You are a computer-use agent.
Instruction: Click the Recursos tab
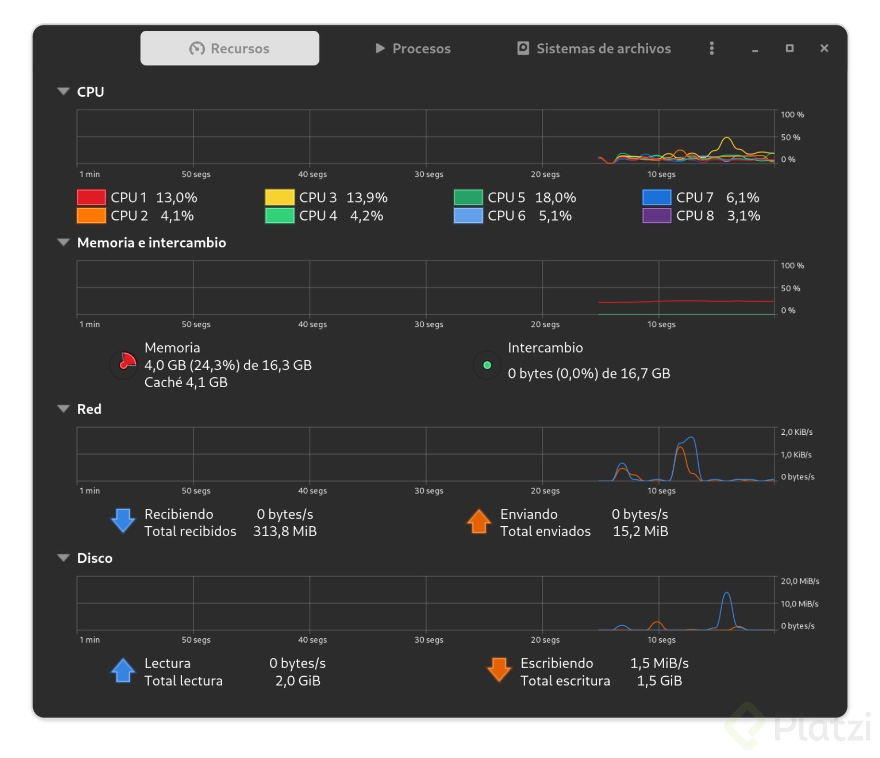pyautogui.click(x=229, y=48)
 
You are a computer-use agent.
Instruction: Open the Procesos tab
pyautogui.click(x=413, y=48)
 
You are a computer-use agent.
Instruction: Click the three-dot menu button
pyautogui.click(x=711, y=48)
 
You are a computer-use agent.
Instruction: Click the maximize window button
pyautogui.click(x=789, y=48)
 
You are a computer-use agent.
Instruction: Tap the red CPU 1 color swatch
pyautogui.click(x=91, y=197)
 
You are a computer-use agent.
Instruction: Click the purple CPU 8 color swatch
pyautogui.click(x=656, y=215)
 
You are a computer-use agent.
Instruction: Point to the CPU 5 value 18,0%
pyautogui.click(x=555, y=197)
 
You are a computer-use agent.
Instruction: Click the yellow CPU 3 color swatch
pyautogui.click(x=279, y=197)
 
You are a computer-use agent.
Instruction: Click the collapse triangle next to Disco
pyautogui.click(x=63, y=557)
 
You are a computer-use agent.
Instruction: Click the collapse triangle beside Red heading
pyautogui.click(x=63, y=408)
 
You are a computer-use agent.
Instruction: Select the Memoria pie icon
pyautogui.click(x=124, y=365)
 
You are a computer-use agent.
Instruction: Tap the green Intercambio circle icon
pyautogui.click(x=487, y=365)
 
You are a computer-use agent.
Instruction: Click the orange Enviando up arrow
pyautogui.click(x=478, y=521)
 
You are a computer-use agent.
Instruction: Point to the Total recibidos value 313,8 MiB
pyautogui.click(x=285, y=531)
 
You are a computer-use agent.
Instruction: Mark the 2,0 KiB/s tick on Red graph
pyautogui.click(x=796, y=432)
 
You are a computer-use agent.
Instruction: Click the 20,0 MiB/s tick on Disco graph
pyautogui.click(x=799, y=581)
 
